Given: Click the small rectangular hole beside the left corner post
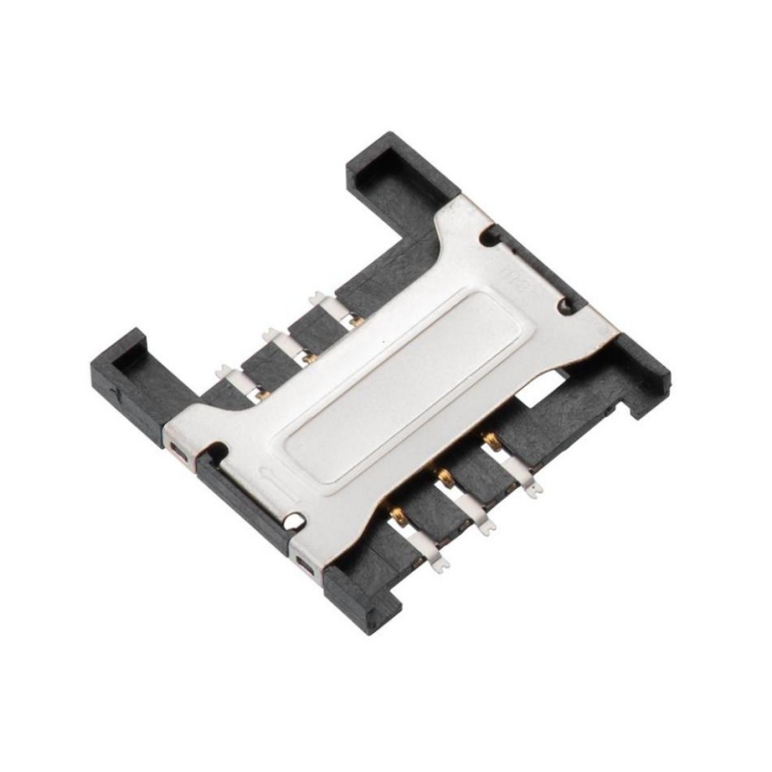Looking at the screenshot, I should (177, 449).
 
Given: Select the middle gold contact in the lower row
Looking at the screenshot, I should (445, 475).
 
